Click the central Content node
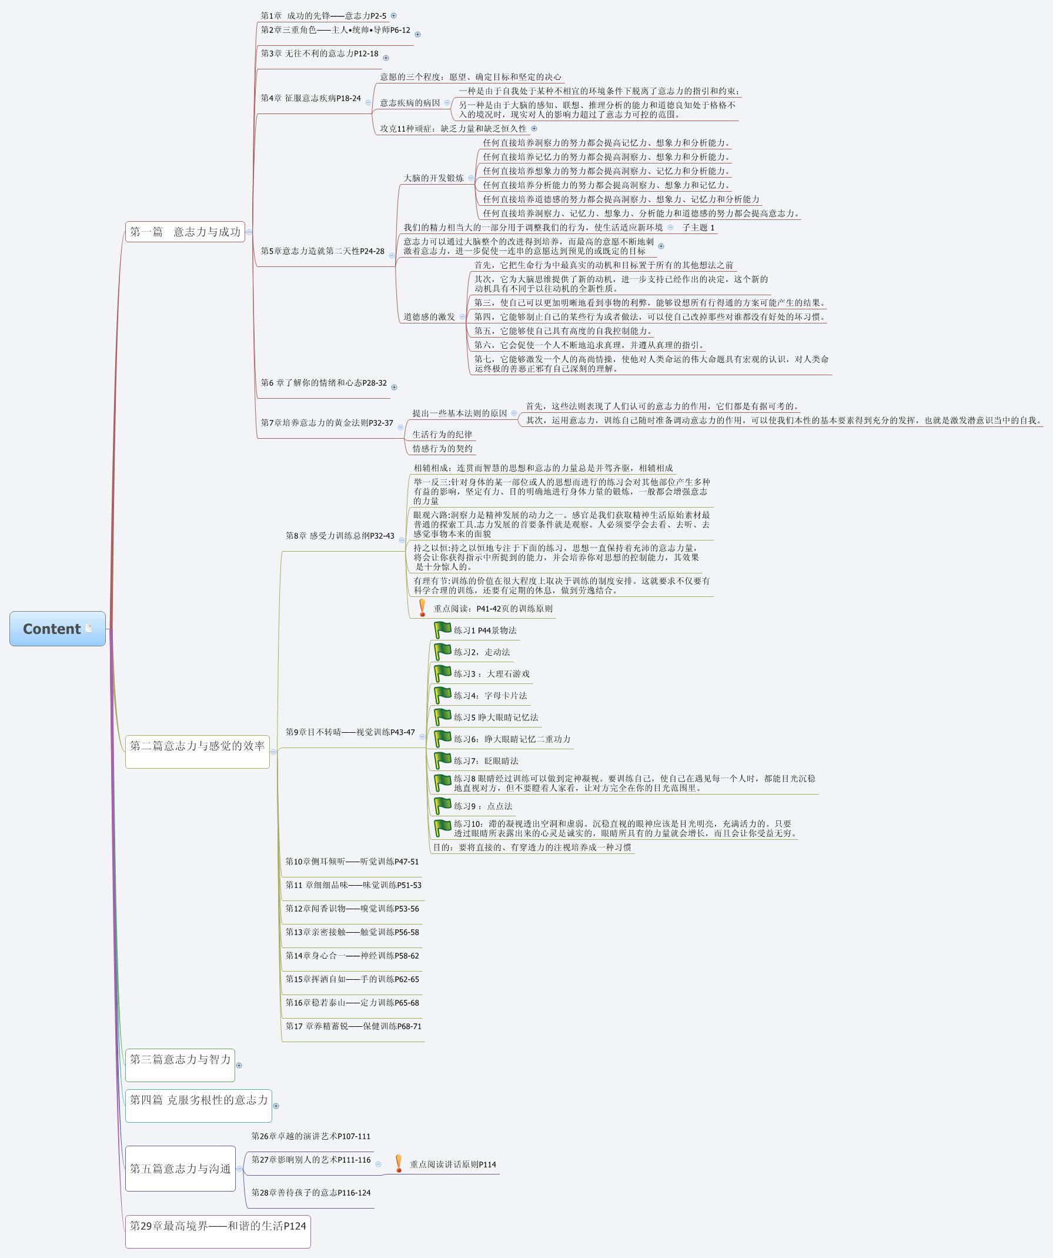pyautogui.click(x=57, y=628)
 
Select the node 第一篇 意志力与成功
pyautogui.click(x=185, y=232)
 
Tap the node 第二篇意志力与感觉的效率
pyautogui.click(x=197, y=746)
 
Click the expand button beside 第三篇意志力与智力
pyautogui.click(x=239, y=1065)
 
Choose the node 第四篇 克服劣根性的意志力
pyautogui.click(x=198, y=1100)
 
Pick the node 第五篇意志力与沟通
pyautogui.click(x=180, y=1169)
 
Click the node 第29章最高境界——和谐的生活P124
pyautogui.click(x=218, y=1226)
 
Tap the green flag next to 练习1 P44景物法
pyautogui.click(x=442, y=630)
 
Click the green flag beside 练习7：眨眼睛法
pyautogui.click(x=442, y=760)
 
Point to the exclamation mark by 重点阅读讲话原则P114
pyautogui.click(x=398, y=1164)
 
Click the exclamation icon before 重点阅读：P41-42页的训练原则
pyautogui.click(x=422, y=608)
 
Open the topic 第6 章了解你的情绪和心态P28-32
pyautogui.click(x=323, y=383)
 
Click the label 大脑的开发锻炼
pyautogui.click(x=433, y=178)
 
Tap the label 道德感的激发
pyautogui.click(x=429, y=316)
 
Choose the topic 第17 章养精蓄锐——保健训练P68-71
pyautogui.click(x=353, y=1026)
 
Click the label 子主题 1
pyautogui.click(x=698, y=228)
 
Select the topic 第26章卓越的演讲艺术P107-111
pyautogui.click(x=311, y=1136)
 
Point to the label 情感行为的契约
pyautogui.click(x=442, y=449)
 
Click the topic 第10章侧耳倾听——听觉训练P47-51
pyautogui.click(x=352, y=862)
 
